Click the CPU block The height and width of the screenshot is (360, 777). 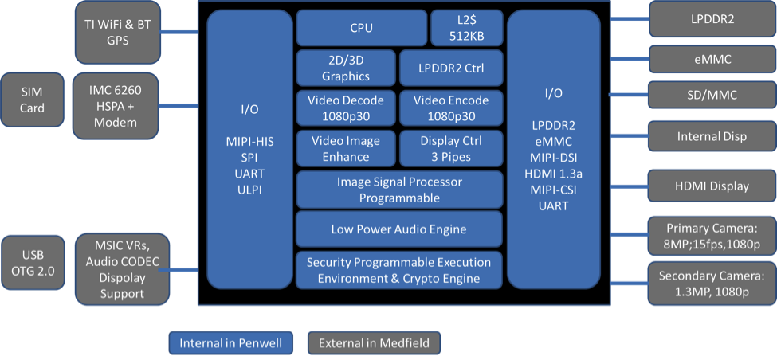tap(361, 29)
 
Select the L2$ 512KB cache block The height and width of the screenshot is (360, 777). tap(467, 29)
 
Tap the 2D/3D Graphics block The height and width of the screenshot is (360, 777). tap(345, 68)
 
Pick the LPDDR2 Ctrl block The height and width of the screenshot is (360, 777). tap(451, 68)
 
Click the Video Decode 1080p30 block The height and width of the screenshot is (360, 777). tap(345, 108)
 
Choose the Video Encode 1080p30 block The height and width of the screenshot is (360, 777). tap(451, 108)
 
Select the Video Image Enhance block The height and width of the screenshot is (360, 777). tap(345, 148)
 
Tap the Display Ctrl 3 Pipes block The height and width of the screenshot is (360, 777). tap(451, 148)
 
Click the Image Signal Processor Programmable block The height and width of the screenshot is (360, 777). tap(399, 190)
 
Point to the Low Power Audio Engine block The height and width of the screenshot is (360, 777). tap(399, 229)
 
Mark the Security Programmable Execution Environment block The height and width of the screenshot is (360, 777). tap(399, 270)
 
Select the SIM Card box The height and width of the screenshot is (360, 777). tap(33, 100)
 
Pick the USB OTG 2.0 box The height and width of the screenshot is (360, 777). tap(33, 262)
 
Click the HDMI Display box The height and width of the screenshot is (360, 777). tap(712, 186)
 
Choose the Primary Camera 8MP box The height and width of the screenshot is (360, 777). tap(712, 236)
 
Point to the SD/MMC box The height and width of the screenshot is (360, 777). tap(712, 96)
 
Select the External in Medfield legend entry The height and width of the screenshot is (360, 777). tap(374, 343)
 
